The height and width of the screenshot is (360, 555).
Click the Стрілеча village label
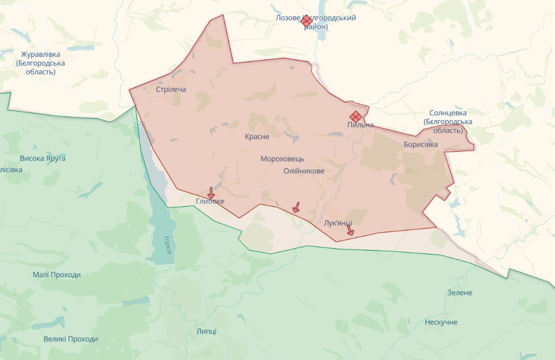[x=171, y=89]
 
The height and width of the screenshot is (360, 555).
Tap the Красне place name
[x=257, y=137]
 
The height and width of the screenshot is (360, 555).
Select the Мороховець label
[x=282, y=159]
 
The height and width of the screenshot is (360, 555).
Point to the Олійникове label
[x=304, y=171]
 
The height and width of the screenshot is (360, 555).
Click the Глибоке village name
[x=210, y=201]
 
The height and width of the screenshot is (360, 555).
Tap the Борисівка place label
[x=420, y=145]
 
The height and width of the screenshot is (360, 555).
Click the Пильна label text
[x=361, y=125]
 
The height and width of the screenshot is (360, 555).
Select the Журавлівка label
[x=41, y=55]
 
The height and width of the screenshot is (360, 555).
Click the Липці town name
[x=206, y=331]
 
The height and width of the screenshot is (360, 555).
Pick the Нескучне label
[x=441, y=322]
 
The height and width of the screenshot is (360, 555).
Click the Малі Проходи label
[x=56, y=274]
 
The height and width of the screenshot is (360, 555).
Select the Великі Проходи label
[x=70, y=339]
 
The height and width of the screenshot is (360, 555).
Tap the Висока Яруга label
[x=42, y=159]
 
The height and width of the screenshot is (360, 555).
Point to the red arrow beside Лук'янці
[x=350, y=230]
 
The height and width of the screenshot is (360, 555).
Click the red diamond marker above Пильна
[x=356, y=116]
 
